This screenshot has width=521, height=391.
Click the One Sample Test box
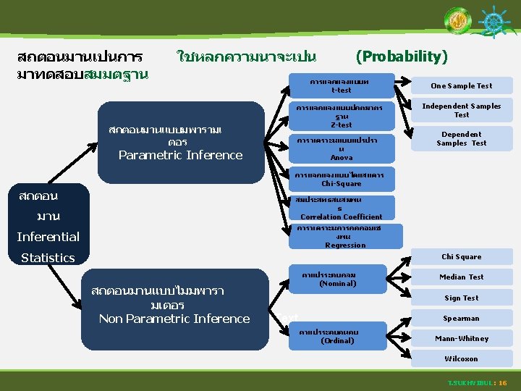pyautogui.click(x=461, y=85)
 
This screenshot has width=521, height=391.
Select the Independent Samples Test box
pyautogui.click(x=462, y=110)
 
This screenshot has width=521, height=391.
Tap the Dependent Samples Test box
pyautogui.click(x=462, y=138)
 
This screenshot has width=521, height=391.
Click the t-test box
pyautogui.click(x=341, y=86)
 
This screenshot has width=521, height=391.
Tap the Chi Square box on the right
pyautogui.click(x=461, y=257)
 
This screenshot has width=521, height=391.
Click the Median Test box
pyautogui.click(x=461, y=277)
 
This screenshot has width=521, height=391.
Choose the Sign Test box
pyautogui.click(x=461, y=298)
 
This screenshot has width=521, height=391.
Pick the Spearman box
pyautogui.click(x=461, y=318)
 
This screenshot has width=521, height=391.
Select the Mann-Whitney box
pyautogui.click(x=461, y=338)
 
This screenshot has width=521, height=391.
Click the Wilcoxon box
pyautogui.click(x=461, y=358)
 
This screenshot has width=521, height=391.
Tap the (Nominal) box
pyautogui.click(x=337, y=279)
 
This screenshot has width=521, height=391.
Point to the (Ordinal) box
pyautogui.click(x=337, y=337)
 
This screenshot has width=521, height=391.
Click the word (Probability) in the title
pyautogui.click(x=402, y=56)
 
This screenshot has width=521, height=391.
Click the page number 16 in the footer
pyautogui.click(x=503, y=382)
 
